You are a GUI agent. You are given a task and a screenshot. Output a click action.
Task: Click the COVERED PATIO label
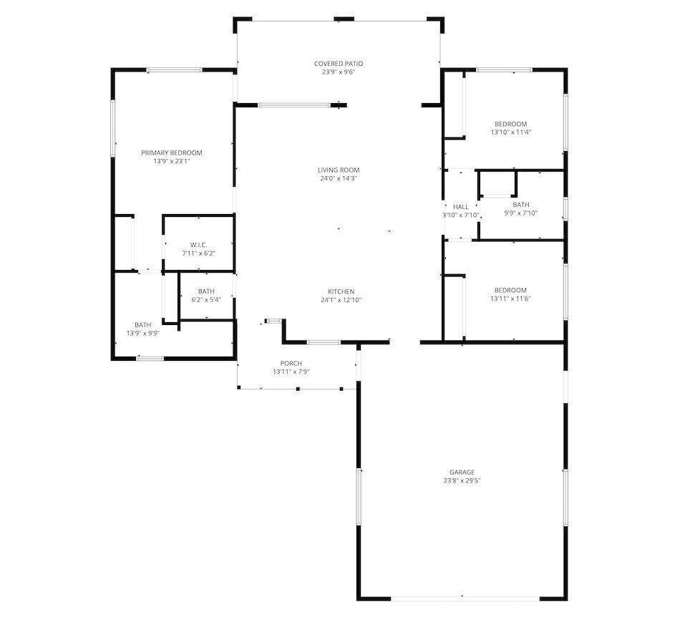(339, 64)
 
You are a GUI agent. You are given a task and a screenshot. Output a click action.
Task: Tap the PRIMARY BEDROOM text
(172, 152)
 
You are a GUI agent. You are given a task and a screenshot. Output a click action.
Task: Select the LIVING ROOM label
(339, 170)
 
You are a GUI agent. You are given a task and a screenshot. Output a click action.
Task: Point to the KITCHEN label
(341, 291)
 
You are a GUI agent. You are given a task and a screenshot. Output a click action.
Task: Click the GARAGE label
(462, 472)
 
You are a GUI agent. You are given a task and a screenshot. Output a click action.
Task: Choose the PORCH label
(291, 363)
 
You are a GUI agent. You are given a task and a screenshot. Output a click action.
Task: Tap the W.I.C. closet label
(198, 245)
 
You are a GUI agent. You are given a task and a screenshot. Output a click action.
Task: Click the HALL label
(461, 206)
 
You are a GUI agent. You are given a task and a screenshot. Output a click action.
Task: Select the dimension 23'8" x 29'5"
(462, 480)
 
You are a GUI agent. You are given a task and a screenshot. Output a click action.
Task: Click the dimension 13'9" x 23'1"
(172, 161)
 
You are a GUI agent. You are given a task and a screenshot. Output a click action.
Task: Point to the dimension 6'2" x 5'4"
(206, 300)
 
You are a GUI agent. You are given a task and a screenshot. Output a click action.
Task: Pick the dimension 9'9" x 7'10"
(521, 213)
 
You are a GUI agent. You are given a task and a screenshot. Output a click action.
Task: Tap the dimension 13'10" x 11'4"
(511, 132)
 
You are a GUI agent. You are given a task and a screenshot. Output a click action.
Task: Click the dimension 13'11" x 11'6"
(510, 299)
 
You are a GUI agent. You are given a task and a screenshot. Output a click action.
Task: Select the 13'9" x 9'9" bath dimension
(143, 333)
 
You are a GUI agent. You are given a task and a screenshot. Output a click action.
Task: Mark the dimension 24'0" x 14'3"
(339, 178)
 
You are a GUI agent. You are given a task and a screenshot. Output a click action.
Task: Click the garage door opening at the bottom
(465, 598)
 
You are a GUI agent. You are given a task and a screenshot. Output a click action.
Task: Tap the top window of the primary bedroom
(174, 69)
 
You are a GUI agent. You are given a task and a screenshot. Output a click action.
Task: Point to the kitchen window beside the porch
(324, 342)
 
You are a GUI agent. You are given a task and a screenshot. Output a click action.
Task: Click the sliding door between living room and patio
(294, 105)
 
